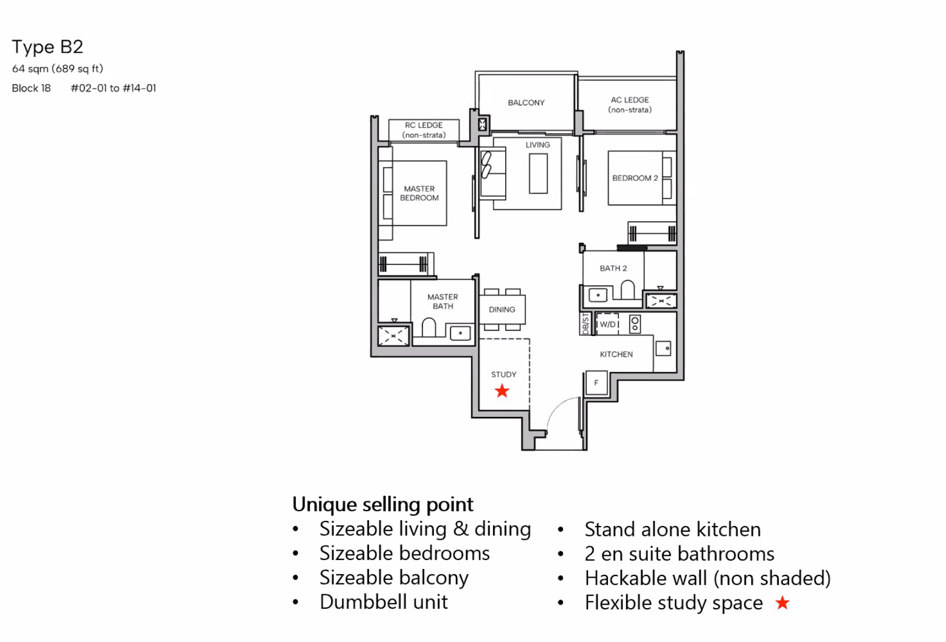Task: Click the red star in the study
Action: pos(502,391)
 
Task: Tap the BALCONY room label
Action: pos(526,103)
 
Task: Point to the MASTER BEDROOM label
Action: pos(419,194)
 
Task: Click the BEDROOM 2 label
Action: pos(634,178)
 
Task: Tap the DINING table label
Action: pos(502,310)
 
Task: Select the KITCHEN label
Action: pos(616,354)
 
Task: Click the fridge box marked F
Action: pos(597,383)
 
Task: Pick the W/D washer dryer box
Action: pos(607,324)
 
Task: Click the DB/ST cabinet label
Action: pos(585,324)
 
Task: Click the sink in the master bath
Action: pos(460,333)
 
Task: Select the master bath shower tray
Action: pos(393,336)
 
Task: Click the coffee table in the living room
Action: pos(539,173)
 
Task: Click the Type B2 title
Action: pos(48,47)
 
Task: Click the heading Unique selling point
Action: pos(382,504)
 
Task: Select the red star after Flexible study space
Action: pos(782,602)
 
